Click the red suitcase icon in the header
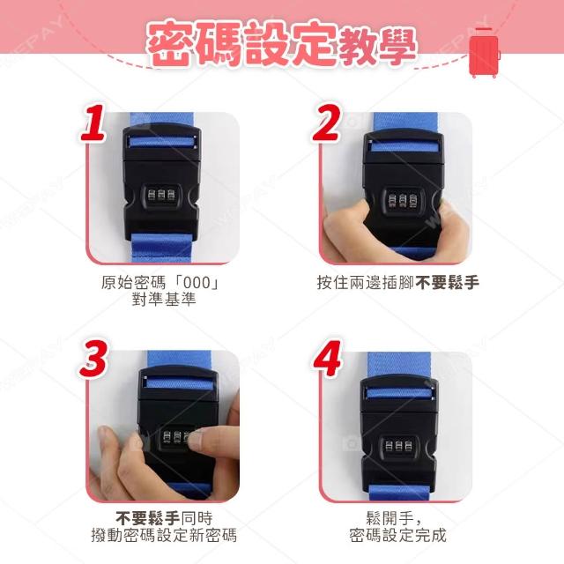(485, 53)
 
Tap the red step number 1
(93, 123)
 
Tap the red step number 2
(326, 122)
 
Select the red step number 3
(93, 358)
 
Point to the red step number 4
(327, 358)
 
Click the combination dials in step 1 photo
(161, 196)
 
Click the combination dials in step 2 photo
(403, 200)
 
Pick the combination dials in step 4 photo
(398, 446)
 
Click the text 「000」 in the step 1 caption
(196, 283)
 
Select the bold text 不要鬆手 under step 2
(447, 283)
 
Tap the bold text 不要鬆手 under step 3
(148, 518)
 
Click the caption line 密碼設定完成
(397, 535)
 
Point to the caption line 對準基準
(164, 300)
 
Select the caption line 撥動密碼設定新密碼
(164, 535)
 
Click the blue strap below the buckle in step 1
(162, 249)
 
